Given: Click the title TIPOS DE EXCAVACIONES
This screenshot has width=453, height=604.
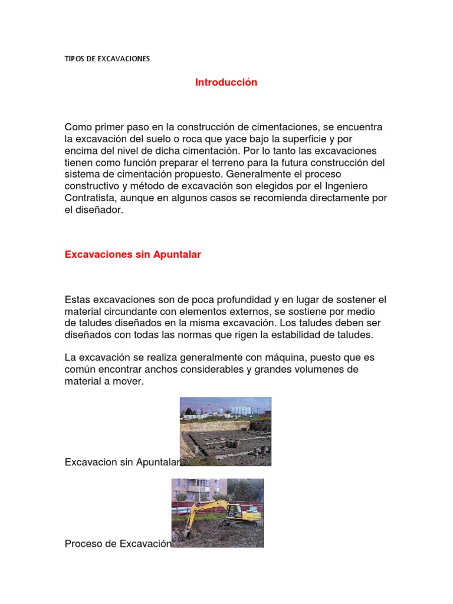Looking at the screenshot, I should [107, 59].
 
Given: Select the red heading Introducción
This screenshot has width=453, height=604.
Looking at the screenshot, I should [226, 83].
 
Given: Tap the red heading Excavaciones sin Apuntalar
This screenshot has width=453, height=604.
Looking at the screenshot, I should [133, 254].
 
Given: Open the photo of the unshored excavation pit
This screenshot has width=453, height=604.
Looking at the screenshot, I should [225, 431].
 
